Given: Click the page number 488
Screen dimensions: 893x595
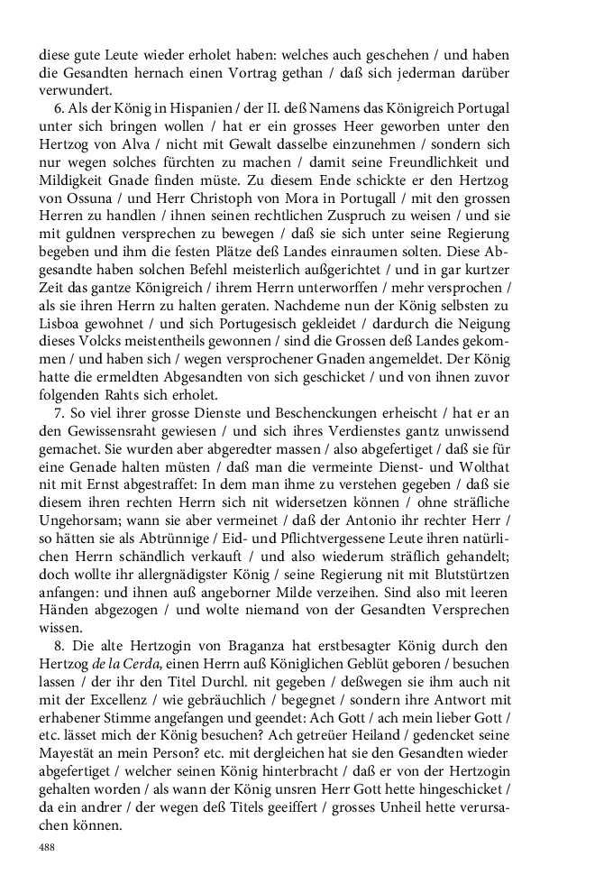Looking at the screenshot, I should coord(47,848).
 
